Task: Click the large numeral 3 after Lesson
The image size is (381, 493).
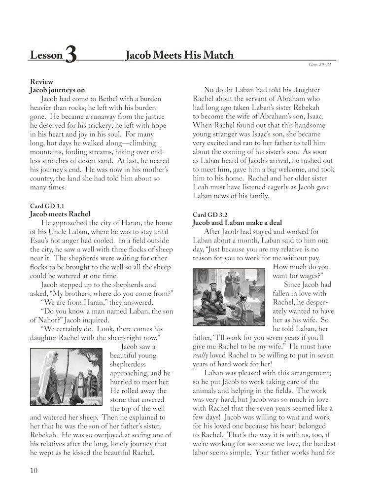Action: pos(70,56)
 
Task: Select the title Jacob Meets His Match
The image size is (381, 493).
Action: pos(179,55)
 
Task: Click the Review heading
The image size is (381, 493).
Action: pos(41,81)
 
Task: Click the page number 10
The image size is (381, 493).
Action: pos(34,470)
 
